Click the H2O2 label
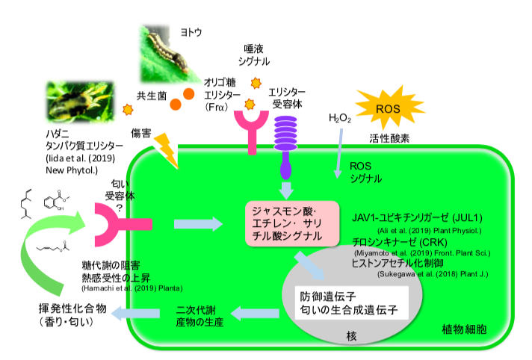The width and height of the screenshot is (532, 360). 340,119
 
